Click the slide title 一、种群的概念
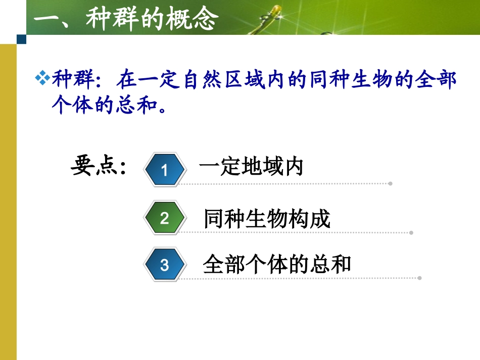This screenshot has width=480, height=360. [126, 20]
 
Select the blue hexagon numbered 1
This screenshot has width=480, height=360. [164, 170]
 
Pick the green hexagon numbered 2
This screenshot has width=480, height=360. [164, 218]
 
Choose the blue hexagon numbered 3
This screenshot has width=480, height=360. [164, 265]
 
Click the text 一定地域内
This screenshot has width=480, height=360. [251, 166]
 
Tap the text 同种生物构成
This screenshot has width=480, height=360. [267, 219]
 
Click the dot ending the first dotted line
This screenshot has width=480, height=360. [390, 183]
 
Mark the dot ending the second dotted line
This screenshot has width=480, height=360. [411, 233]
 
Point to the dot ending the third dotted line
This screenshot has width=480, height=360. [420, 278]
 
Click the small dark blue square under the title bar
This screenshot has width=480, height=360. [21, 39]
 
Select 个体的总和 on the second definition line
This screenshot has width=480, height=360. [104, 106]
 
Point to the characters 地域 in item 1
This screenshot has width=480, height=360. [262, 166]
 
